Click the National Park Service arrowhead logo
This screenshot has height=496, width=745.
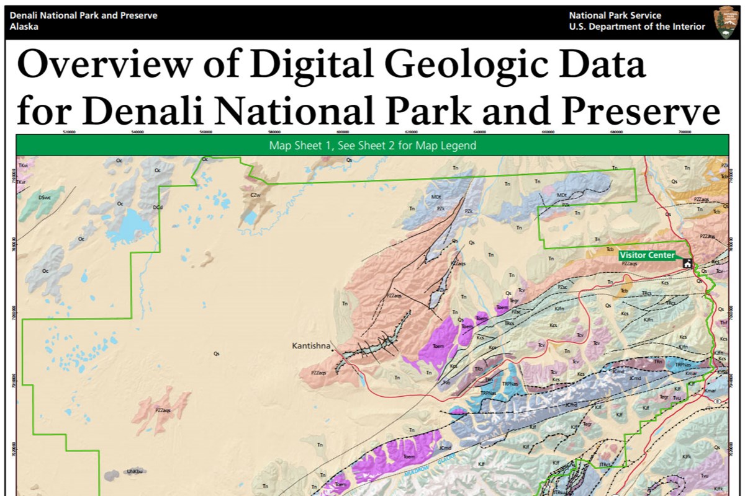pyautogui.click(x=726, y=22)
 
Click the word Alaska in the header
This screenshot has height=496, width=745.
pyautogui.click(x=24, y=27)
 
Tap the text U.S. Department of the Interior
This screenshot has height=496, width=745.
pyautogui.click(x=636, y=27)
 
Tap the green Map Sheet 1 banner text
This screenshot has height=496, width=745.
pyautogui.click(x=372, y=146)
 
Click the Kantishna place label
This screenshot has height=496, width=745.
pyautogui.click(x=310, y=345)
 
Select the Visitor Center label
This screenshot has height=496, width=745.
pyautogui.click(x=646, y=255)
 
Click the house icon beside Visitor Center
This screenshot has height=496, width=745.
pyautogui.click(x=687, y=263)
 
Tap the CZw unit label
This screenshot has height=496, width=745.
pyautogui.click(x=253, y=195)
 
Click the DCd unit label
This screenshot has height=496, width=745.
pyautogui.click(x=158, y=208)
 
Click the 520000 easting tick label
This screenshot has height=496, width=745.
pyautogui.click(x=69, y=131)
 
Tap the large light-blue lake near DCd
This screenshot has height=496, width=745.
pyautogui.click(x=130, y=225)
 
